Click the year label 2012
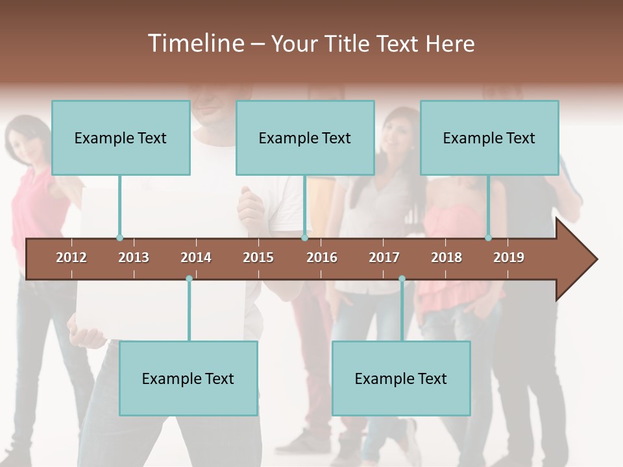tap(71, 257)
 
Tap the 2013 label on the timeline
tap(134, 257)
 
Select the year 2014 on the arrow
tap(196, 257)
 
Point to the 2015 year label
tap(258, 257)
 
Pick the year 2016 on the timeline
tap(322, 257)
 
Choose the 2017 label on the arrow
tap(384, 257)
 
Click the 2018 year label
tap(446, 257)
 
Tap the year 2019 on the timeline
tap(509, 257)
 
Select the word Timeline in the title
tap(195, 43)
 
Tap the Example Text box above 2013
tap(121, 138)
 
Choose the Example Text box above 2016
tap(305, 138)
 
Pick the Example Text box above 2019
tap(489, 138)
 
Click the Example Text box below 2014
tap(188, 378)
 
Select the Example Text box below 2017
tap(401, 378)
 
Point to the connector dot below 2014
tap(189, 279)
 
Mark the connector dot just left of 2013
tap(119, 238)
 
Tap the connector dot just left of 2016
tap(304, 238)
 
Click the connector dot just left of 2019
tap(488, 238)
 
